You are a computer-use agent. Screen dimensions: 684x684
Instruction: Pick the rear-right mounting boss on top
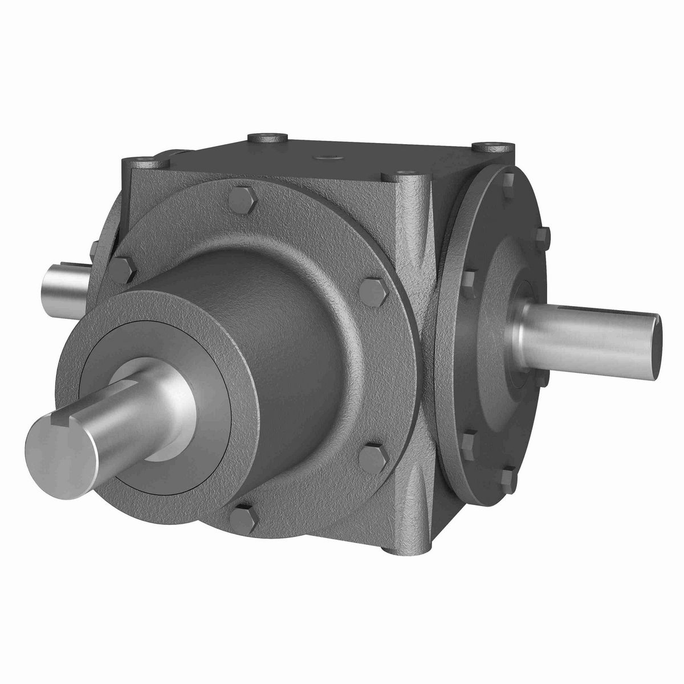pyautogui.click(x=488, y=146)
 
